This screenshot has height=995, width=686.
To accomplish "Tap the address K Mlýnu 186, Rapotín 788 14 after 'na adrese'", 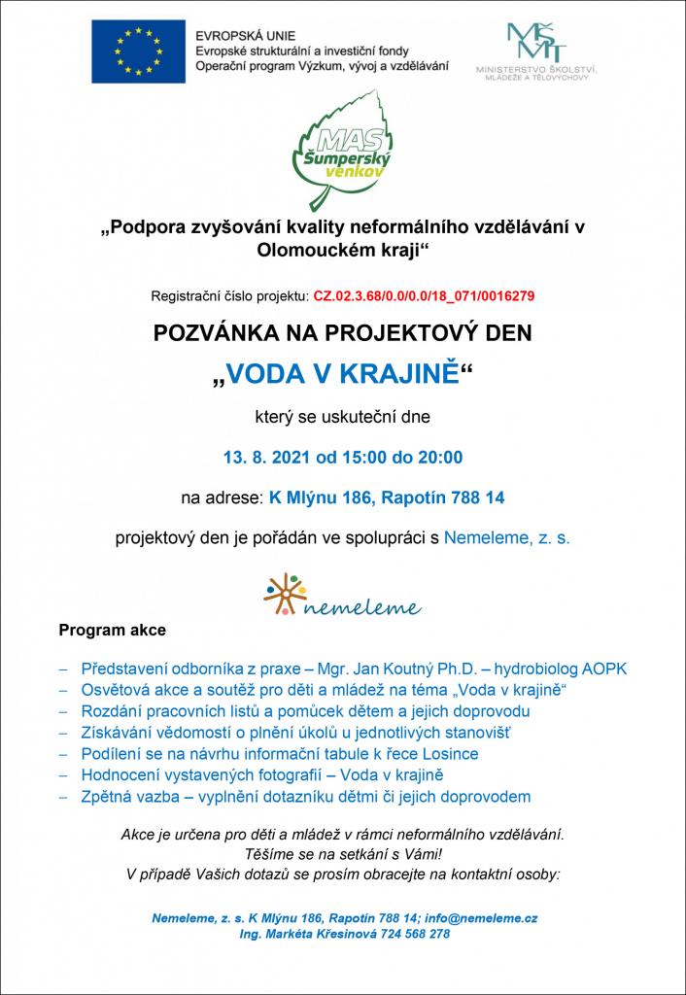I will coord(386,498).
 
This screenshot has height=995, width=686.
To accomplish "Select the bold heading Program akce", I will coord(113,630).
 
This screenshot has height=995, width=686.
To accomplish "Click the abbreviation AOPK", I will coord(604,669).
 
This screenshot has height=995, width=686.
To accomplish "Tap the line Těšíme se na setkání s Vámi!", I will coord(342,854).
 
